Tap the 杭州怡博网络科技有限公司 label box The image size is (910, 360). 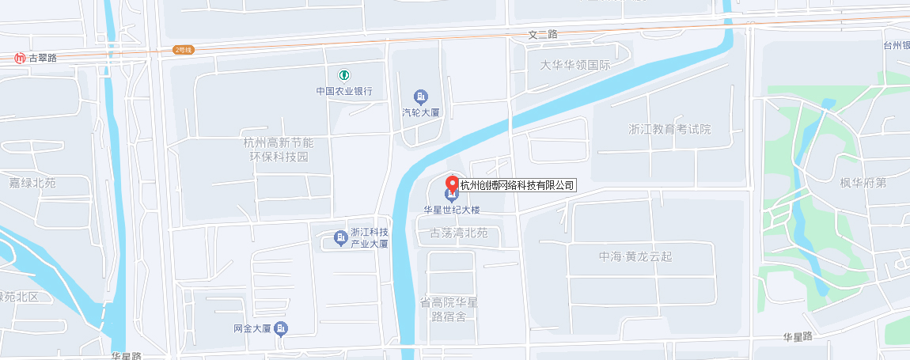(518, 185)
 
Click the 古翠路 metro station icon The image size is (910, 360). (20, 58)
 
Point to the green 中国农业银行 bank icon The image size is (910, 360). (344, 75)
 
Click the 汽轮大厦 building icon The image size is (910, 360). (421, 97)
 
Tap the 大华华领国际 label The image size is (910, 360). (575, 65)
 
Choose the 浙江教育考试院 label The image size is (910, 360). (669, 129)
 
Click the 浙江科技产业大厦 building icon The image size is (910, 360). (340, 237)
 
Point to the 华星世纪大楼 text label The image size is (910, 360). (452, 210)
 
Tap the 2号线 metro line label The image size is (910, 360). (183, 50)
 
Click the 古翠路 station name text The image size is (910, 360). (43, 58)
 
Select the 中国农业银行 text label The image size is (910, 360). (344, 90)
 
